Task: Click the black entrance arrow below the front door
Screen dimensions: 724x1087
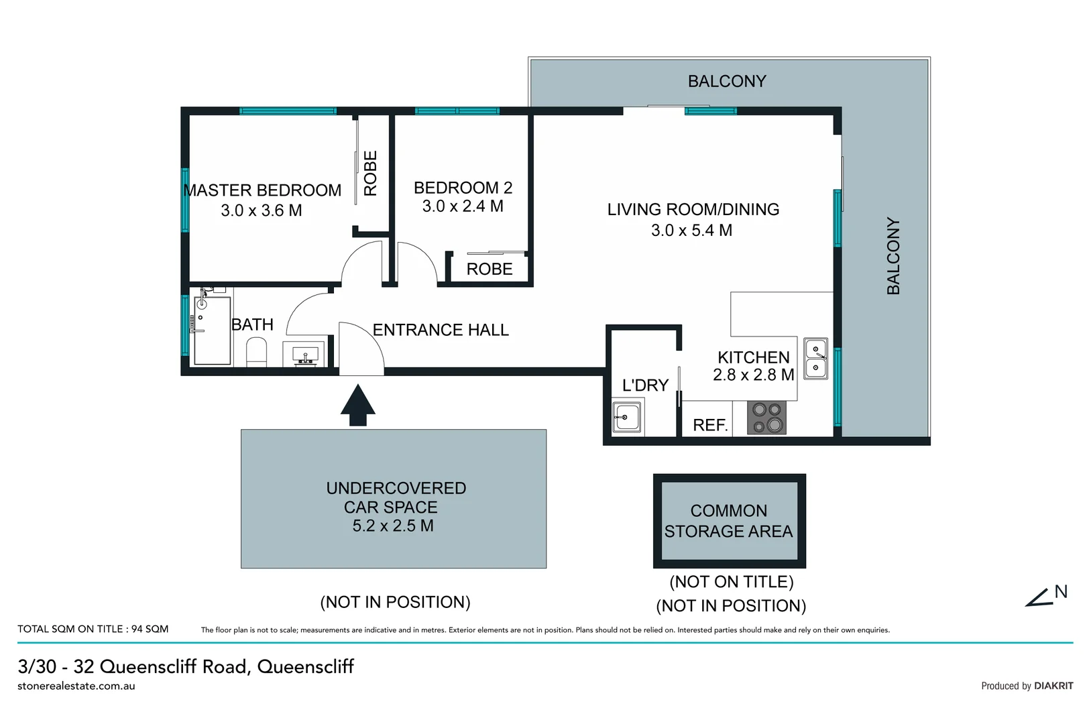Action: tap(357, 405)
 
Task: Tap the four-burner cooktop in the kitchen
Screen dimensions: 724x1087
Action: tap(766, 418)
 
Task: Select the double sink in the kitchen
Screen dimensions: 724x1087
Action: tap(815, 359)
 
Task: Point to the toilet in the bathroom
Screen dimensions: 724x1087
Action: tap(256, 352)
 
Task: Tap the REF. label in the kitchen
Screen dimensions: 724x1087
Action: tap(710, 425)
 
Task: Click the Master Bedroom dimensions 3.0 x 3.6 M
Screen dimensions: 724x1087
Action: tap(262, 210)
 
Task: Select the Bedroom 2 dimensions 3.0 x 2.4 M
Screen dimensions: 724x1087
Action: tap(463, 206)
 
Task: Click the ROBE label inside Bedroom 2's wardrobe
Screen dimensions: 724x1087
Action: tap(490, 269)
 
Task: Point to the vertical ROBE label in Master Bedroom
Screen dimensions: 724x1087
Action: tap(371, 173)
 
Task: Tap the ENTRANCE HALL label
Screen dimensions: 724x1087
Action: tap(441, 330)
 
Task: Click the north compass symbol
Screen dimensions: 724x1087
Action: tap(1045, 596)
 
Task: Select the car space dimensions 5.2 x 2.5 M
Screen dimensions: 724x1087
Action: tap(393, 526)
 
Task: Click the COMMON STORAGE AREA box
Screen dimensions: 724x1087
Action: tap(729, 521)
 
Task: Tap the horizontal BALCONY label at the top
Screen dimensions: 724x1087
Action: tap(727, 81)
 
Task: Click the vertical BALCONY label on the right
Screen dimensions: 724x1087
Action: tap(893, 255)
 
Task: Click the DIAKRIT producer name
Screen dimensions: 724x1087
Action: tap(1053, 686)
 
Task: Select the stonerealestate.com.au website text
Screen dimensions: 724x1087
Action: tap(76, 686)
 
